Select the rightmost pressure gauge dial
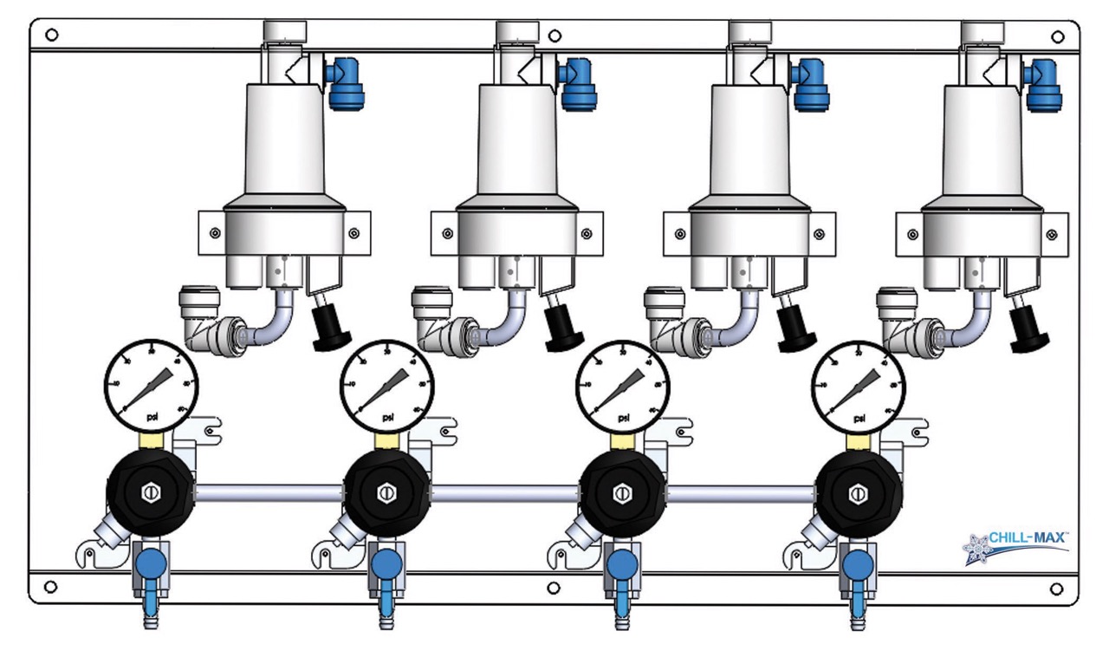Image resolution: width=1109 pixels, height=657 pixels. [x=858, y=385]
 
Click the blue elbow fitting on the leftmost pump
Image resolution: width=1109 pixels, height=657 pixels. [x=345, y=82]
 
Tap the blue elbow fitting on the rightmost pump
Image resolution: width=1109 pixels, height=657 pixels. [x=1043, y=82]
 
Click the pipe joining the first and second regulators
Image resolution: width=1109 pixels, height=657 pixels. [x=269, y=493]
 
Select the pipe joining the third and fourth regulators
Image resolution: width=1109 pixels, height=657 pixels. [x=741, y=493]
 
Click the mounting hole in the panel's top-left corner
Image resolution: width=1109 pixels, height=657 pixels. [x=51, y=36]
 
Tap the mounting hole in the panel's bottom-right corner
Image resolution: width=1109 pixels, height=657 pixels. [x=1056, y=589]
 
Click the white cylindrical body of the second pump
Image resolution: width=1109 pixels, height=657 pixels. [x=517, y=139]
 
